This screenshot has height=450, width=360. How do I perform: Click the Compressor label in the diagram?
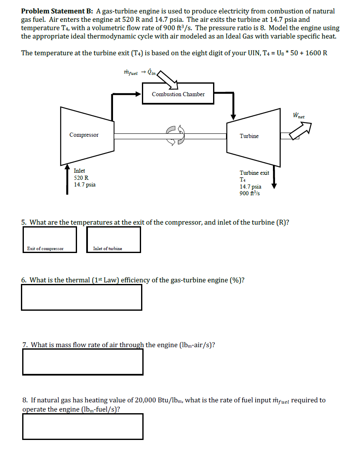(x=84, y=135)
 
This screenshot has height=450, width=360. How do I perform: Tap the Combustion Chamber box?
(x=178, y=94)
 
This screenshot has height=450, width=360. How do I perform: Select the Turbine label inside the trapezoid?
(x=249, y=136)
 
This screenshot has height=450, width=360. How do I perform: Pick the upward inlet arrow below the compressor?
(x=67, y=180)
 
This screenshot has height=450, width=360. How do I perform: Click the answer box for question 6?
(x=82, y=297)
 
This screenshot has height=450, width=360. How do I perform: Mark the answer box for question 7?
(x=82, y=362)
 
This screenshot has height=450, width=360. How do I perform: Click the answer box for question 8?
(x=82, y=426)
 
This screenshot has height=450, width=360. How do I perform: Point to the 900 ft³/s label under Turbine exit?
(x=250, y=193)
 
